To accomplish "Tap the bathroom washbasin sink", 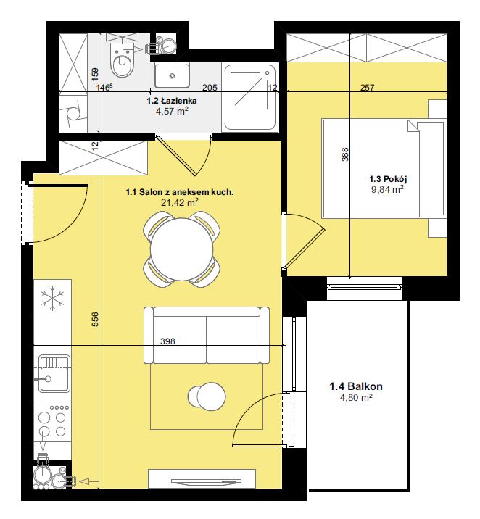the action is tap(172, 76).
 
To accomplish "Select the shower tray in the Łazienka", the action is tap(250, 97).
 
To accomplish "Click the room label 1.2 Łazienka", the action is tap(172, 101).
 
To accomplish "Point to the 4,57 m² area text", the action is tap(172, 111).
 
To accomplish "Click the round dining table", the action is tap(181, 249).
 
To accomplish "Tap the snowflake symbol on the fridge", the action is tap(52, 298).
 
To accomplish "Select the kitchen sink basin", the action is tap(54, 374).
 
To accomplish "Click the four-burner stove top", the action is tap(52, 423).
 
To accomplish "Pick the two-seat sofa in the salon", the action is tap(207, 336).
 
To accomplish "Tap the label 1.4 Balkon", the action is tap(356, 386).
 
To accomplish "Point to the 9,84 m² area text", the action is tap(387, 189).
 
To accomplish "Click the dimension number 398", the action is tap(167, 341).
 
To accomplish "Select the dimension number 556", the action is tap(95, 320).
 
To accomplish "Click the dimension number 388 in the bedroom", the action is tap(345, 154).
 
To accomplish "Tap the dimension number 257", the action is tap(367, 88).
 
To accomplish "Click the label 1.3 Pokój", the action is tap(388, 179).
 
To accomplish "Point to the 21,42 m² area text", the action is tap(180, 202).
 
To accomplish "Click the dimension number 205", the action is tap(210, 88).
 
